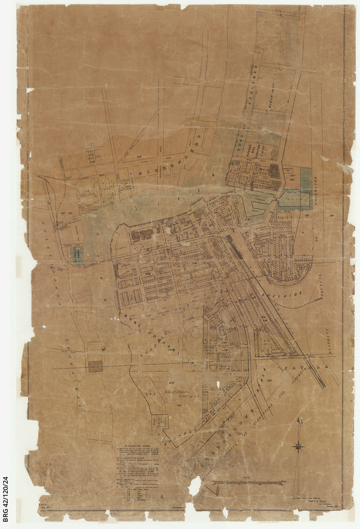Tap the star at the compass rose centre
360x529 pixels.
coord(298,446)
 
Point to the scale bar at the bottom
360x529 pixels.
coord(248,483)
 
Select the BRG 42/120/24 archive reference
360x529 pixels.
coord(6,501)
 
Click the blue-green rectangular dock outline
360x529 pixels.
coord(294,199)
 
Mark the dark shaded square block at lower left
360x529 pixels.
coord(95,366)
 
